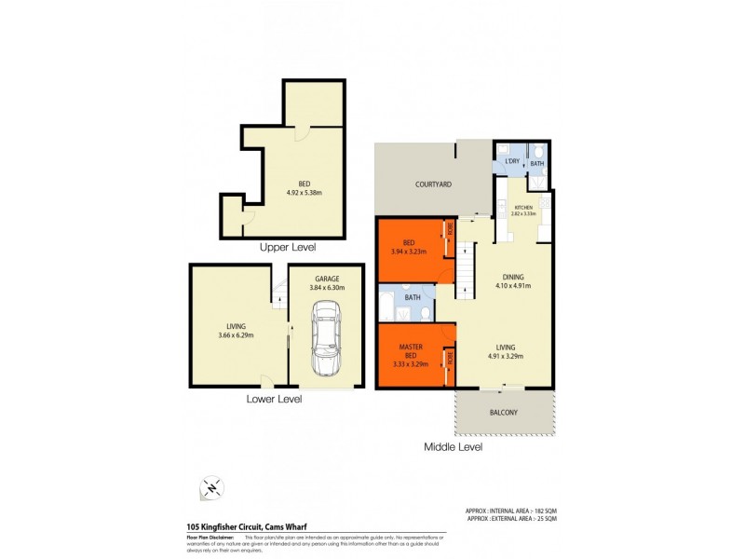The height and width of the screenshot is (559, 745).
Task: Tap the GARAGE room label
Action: pos(327,278)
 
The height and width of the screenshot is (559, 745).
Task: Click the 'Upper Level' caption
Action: pos(289,248)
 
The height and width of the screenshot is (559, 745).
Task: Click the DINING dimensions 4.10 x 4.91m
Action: pos(513,286)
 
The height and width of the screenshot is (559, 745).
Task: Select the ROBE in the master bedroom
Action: pos(448,358)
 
